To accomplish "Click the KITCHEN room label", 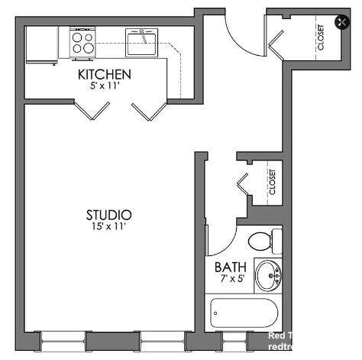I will coord(105,75).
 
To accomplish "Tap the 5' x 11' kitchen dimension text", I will coord(105,86).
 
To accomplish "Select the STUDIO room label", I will coord(108,215).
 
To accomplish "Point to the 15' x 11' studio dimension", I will coord(108,226).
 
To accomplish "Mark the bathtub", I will coord(246,313).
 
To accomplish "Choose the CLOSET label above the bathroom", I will coord(272,182).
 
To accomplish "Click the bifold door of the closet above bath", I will coord(244,184).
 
